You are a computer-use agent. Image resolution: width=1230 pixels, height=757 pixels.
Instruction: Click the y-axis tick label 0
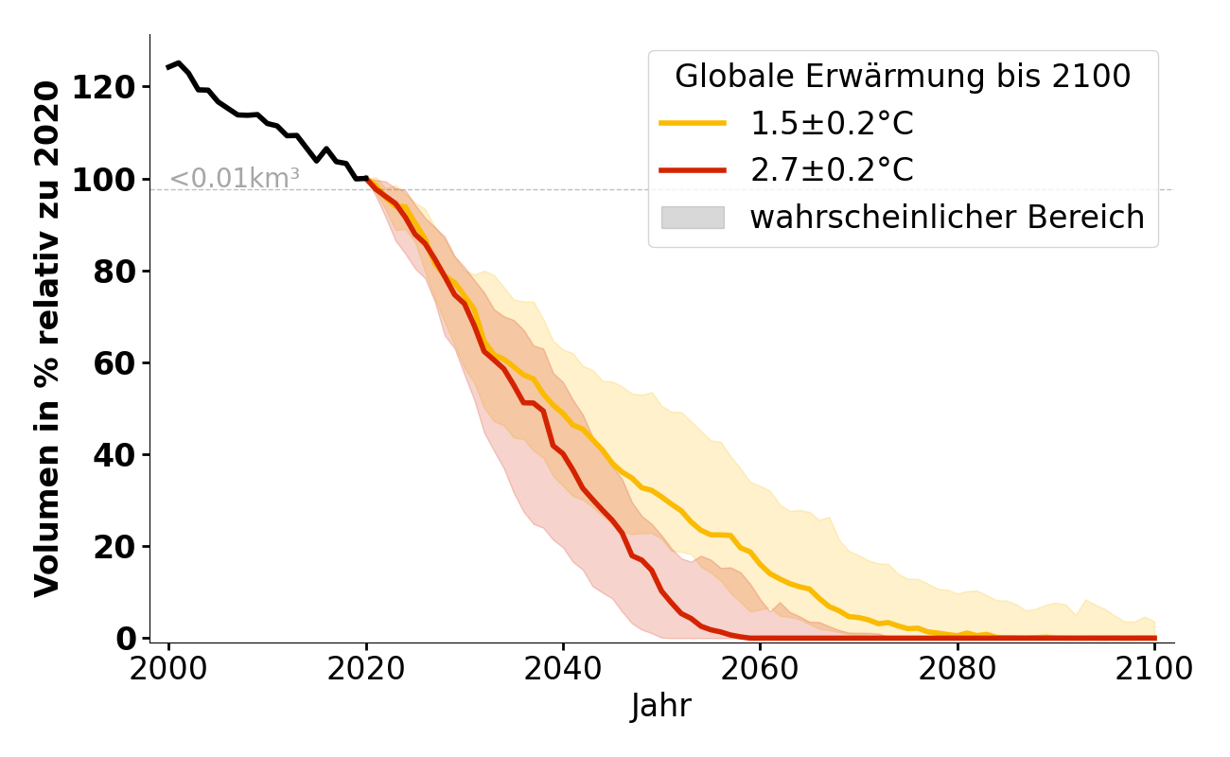pos(126,639)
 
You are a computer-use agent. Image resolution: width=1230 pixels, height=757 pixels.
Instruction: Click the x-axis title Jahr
pos(661,706)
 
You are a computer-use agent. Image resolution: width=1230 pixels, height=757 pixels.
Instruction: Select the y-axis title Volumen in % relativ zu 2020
pos(47,338)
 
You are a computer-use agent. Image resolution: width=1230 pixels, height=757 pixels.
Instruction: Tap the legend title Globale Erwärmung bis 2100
pos(903,77)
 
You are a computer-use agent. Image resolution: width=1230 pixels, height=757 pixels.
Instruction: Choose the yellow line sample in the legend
pos(693,123)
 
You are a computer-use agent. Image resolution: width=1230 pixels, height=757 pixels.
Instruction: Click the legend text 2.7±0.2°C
pos(832,170)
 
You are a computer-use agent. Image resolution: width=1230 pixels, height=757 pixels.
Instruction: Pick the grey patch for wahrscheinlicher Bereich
pos(693,218)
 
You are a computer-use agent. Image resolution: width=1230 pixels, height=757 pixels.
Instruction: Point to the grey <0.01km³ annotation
pos(234,178)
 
